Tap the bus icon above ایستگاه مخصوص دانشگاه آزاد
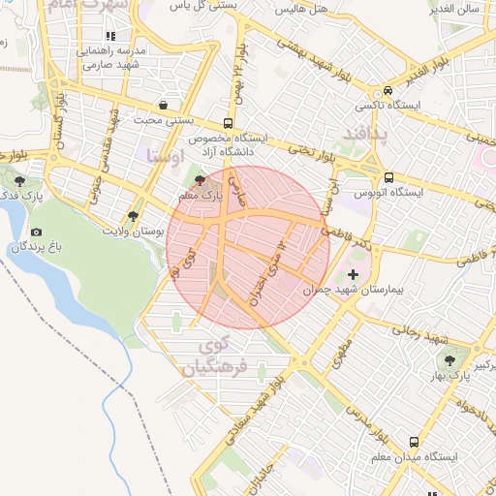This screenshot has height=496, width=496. coord(228,123)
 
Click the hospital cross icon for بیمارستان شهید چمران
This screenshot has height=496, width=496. coord(353,276)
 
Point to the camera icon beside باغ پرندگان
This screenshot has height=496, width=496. coord(37,232)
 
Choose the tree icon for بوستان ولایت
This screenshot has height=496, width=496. coord(133,215)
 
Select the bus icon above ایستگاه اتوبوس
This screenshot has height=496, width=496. coord(388,178)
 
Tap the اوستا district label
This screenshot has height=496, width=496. coord(162,155)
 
